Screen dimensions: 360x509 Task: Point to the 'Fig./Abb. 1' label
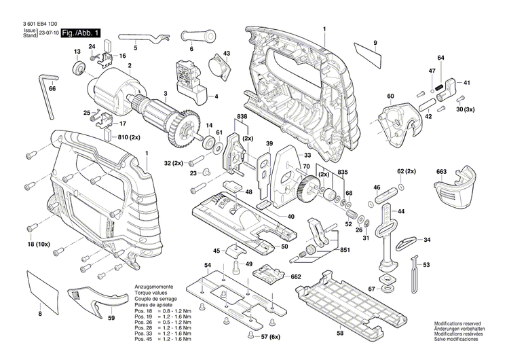(x=81, y=33)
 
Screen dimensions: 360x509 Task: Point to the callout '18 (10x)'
(x=38, y=242)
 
